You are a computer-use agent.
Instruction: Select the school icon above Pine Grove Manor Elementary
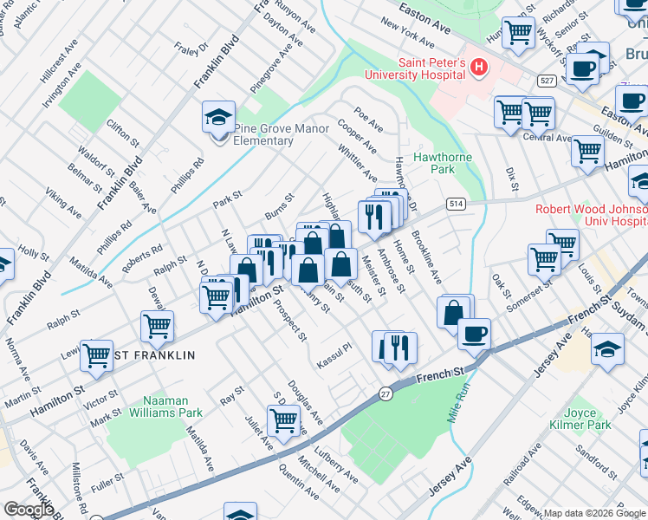218,116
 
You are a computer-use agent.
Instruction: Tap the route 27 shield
386,393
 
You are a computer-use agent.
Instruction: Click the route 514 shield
456,204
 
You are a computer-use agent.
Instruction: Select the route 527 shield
546,81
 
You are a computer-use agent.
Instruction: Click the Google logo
29,510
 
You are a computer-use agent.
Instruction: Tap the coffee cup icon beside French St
473,334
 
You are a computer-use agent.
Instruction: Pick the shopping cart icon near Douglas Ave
283,420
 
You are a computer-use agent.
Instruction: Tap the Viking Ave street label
64,203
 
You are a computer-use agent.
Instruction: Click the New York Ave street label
406,36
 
